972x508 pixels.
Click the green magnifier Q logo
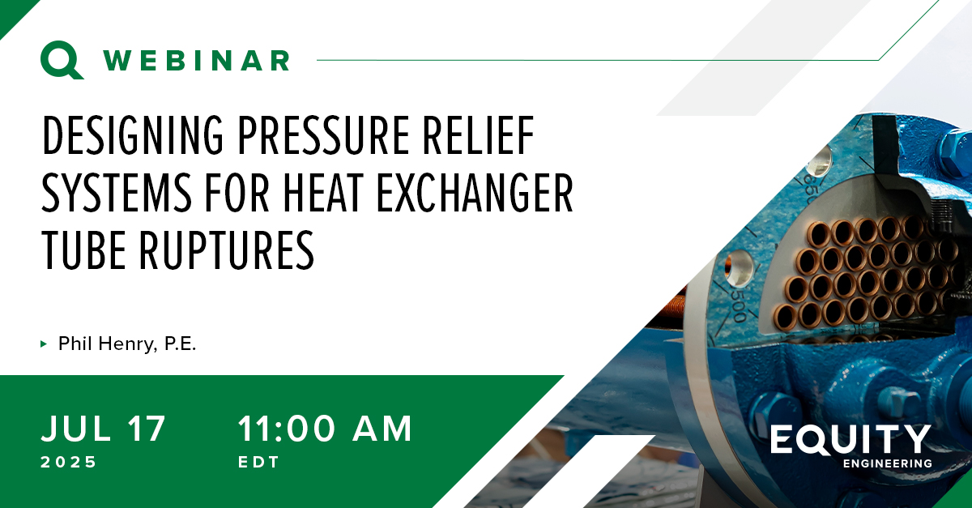[x=62, y=60]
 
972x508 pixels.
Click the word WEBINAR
[x=197, y=60]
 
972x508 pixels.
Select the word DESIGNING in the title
[x=133, y=135]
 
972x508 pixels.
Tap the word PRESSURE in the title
[x=324, y=135]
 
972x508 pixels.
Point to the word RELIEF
[x=478, y=135]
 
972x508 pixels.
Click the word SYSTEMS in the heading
[x=117, y=192]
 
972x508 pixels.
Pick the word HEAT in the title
[x=323, y=192]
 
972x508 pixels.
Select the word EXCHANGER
[x=475, y=192]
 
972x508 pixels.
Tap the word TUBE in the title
[x=84, y=250]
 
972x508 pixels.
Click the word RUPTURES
[x=227, y=250]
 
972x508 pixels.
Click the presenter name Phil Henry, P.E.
[x=127, y=344]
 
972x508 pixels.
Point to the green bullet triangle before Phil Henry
[x=44, y=344]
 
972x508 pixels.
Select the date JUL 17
[x=104, y=429]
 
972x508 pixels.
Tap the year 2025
[x=69, y=462]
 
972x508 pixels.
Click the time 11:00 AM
[x=325, y=429]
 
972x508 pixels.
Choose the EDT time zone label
[x=258, y=462]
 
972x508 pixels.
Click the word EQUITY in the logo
[x=851, y=439]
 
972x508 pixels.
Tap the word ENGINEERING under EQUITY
[x=888, y=463]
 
